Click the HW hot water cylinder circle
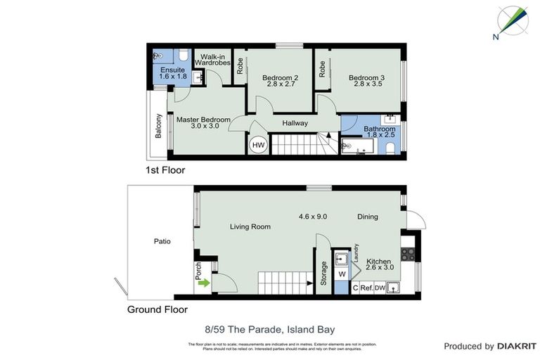pos(258,144)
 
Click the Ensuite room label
pos(172,70)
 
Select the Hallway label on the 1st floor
pos(295,123)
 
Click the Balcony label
pos(160,126)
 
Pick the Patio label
pos(162,241)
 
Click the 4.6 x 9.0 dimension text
pos(313,217)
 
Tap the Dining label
pos(367,217)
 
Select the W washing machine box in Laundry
pos(342,274)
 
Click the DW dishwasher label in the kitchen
pos(380,288)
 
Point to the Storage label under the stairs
pos(324,272)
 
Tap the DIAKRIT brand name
pos(517,346)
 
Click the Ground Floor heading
pos(157,309)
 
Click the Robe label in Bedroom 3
pos(323,68)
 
